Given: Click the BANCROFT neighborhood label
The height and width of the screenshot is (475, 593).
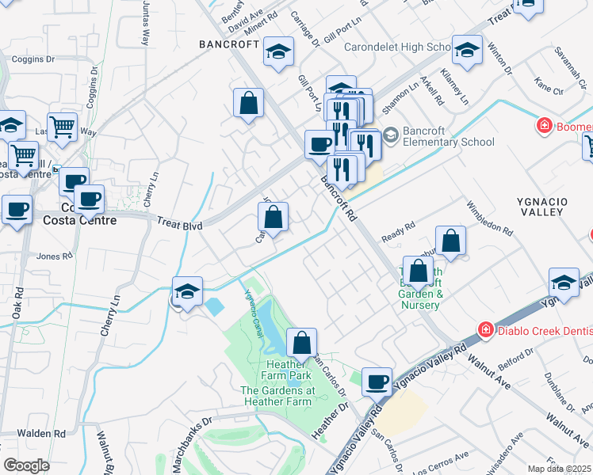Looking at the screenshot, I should coord(228,45).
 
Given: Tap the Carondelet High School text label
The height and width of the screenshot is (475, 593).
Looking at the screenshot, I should coord(396,47).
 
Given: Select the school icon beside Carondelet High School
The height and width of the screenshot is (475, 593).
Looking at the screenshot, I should coord(468,50).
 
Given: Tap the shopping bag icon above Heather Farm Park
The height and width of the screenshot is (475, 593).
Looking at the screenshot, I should coord(301,344).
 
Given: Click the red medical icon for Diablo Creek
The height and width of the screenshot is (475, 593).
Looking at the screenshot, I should coord(483,329).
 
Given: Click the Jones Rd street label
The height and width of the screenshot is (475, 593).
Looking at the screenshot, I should coord(54,256).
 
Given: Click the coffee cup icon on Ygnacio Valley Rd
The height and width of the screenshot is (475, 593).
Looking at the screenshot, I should coord(377,382).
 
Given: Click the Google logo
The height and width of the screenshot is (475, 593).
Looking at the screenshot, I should coord(27,465).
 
